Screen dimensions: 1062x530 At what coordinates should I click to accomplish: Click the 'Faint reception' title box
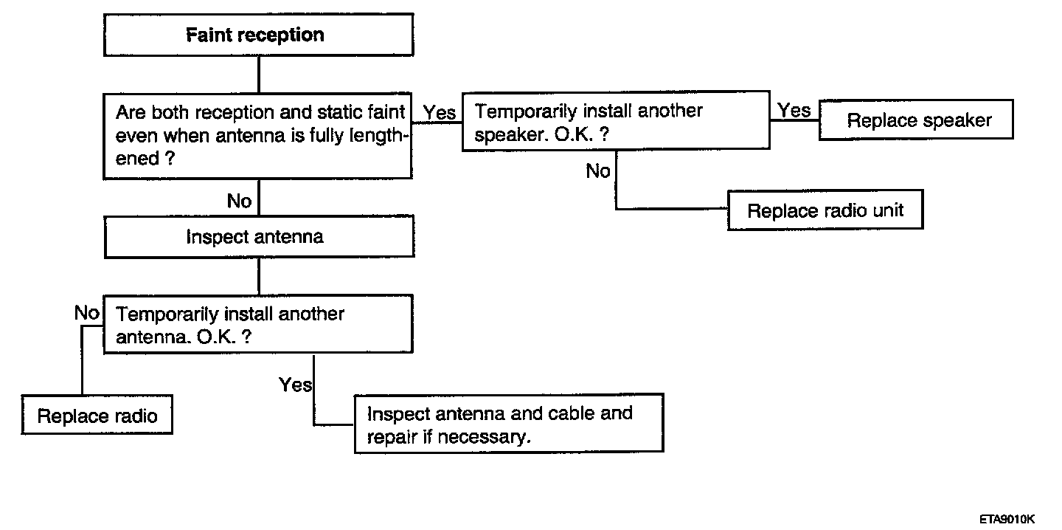click(258, 35)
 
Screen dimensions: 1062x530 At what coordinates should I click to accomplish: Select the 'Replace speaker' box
click(916, 120)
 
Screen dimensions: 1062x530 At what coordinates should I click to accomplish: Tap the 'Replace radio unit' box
click(825, 210)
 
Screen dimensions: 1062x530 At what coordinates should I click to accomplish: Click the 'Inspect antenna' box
click(259, 237)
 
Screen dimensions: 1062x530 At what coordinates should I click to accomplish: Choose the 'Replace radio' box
click(97, 415)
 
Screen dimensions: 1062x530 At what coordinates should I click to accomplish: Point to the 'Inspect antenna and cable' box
click(509, 424)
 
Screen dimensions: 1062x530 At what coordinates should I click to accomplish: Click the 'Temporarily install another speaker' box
click(616, 121)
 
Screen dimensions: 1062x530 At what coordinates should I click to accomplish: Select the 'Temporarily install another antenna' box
click(258, 325)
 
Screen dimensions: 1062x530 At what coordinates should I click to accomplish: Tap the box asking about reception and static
click(257, 136)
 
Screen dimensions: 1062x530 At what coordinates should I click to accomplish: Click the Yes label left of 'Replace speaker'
click(794, 111)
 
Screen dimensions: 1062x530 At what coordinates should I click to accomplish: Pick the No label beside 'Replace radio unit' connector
click(598, 171)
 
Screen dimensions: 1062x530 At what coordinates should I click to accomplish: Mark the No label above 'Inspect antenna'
click(239, 202)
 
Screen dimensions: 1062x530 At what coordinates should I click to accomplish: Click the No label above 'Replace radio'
click(87, 313)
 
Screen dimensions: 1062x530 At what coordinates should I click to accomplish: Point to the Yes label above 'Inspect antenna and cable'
click(295, 385)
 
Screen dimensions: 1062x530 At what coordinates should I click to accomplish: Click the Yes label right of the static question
click(440, 113)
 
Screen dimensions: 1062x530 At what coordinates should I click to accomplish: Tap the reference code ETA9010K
click(1007, 519)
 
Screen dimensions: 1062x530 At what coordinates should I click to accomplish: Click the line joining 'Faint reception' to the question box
click(259, 75)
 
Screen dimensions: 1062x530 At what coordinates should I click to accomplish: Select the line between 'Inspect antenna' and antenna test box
click(259, 277)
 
